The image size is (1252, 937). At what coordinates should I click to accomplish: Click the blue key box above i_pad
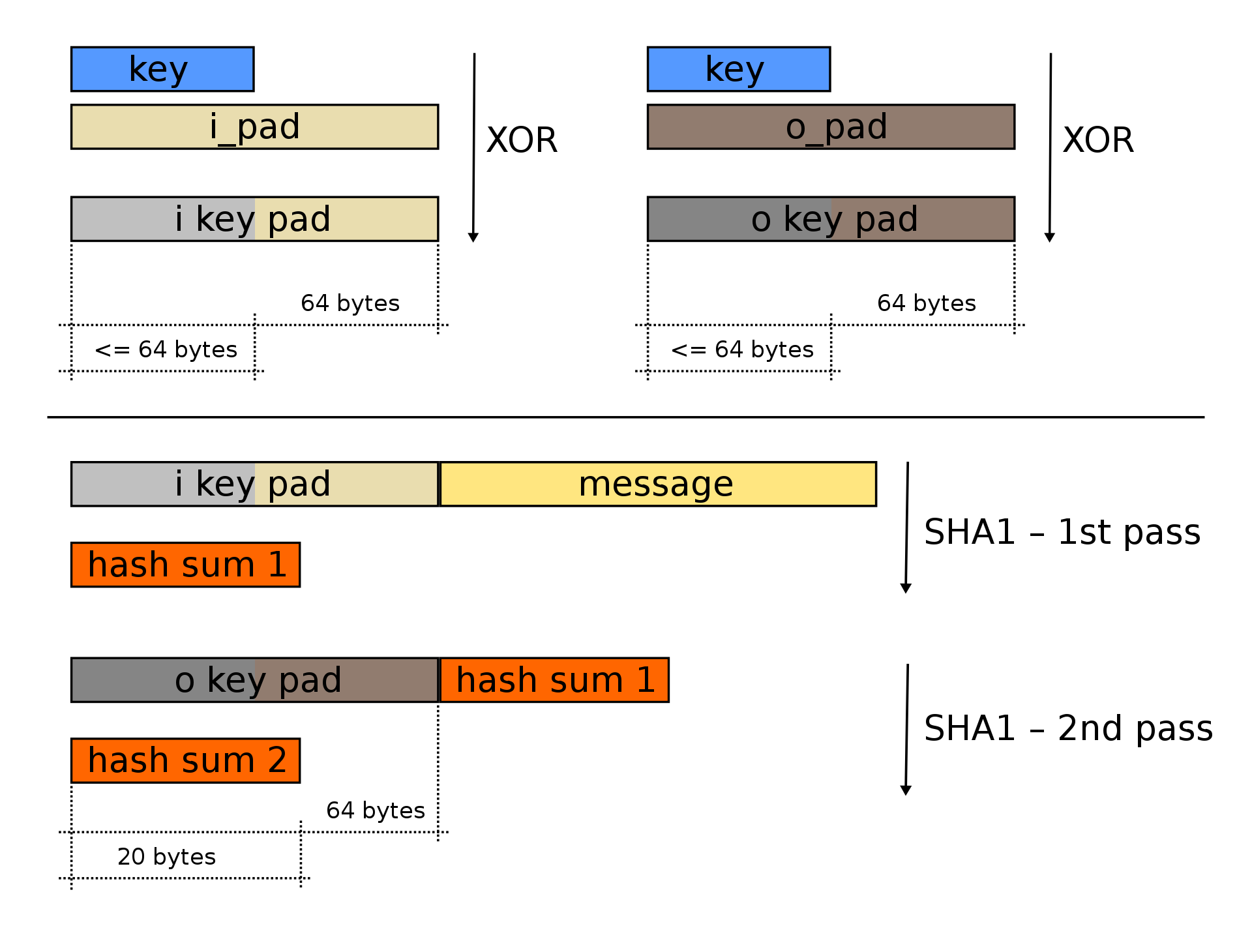tap(162, 69)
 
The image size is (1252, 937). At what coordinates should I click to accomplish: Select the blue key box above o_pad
tap(738, 69)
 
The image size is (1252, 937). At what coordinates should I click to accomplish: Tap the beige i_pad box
tap(254, 126)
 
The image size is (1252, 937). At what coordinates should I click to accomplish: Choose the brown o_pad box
tap(831, 126)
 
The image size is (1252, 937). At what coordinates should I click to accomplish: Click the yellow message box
tap(658, 484)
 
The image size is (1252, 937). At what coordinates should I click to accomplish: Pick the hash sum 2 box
tap(186, 760)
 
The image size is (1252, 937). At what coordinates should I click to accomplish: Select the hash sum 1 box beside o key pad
tap(555, 680)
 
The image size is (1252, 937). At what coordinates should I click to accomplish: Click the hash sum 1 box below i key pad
tap(186, 565)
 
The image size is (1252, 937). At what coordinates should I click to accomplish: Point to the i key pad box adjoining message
tap(254, 484)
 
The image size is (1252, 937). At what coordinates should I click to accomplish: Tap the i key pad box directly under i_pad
tap(254, 219)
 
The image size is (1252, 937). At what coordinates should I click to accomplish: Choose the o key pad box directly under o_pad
tap(831, 219)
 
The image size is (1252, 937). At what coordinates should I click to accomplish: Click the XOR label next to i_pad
tap(522, 140)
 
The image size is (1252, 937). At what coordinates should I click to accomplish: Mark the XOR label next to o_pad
tap(1098, 140)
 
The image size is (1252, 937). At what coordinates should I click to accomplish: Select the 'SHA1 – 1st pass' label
tap(1062, 532)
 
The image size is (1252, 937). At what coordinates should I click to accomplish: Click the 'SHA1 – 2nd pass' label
tap(1068, 728)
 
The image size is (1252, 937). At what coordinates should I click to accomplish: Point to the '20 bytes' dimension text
tap(167, 857)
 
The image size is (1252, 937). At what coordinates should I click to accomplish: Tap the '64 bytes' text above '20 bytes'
tap(376, 811)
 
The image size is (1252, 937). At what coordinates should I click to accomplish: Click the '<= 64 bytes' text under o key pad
tap(742, 350)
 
